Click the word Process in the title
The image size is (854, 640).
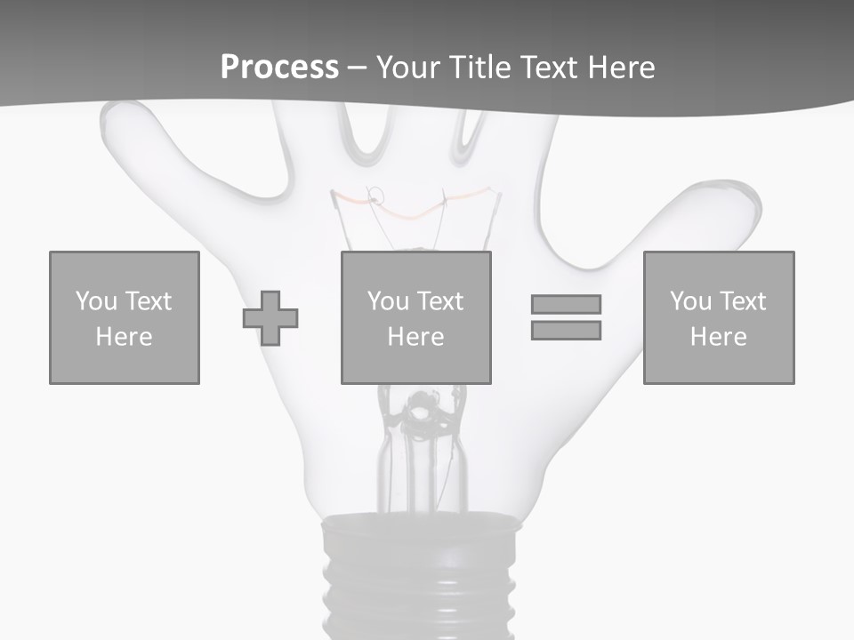pos(279,68)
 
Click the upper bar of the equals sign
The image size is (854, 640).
pos(566,304)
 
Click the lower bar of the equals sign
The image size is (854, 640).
pos(566,331)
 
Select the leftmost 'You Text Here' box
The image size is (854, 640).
pos(125,317)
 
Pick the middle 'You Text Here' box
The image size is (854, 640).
pos(415,317)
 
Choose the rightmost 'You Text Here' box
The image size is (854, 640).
pos(719,317)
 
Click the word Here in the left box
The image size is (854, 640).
pos(124,337)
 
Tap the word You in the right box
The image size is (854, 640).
pos(690,301)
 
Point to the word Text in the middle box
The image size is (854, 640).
pos(440,301)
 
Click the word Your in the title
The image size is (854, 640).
pos(409,68)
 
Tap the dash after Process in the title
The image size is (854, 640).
pos(357,68)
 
